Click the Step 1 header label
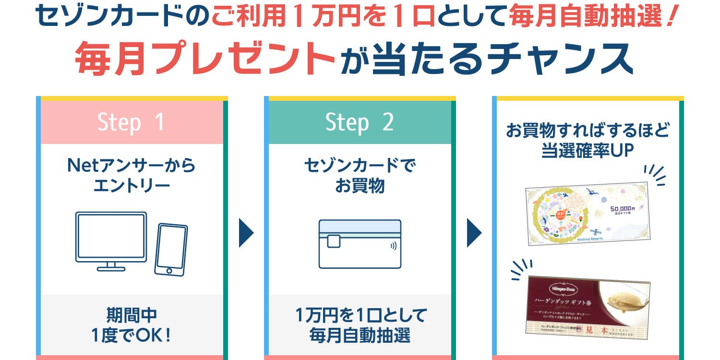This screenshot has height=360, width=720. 131,122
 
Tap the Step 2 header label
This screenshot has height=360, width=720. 360,122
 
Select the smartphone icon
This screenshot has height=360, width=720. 171,250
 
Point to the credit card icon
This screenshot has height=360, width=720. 360,244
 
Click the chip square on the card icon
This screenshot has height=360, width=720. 334,241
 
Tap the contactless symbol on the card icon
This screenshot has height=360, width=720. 393,247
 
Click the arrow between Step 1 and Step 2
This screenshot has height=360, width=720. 246,234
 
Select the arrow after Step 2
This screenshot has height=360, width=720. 474,234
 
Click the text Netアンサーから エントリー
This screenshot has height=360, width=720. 131,175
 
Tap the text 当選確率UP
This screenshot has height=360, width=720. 588,150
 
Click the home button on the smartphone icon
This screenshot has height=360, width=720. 168,271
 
